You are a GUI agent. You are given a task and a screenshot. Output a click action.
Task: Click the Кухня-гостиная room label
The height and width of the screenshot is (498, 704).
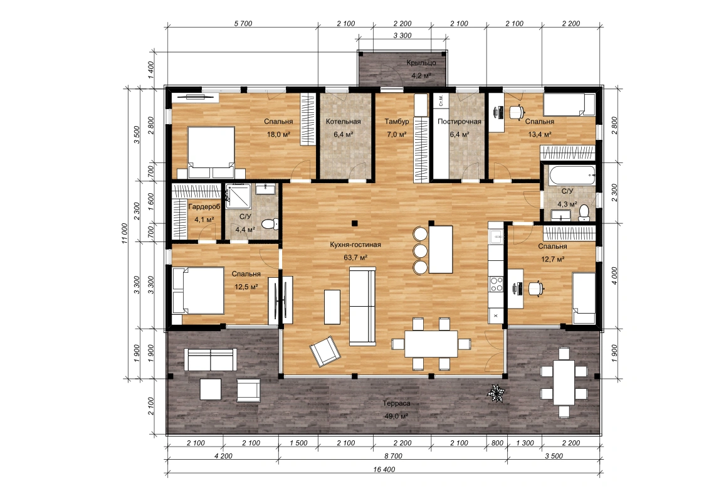[x=355, y=245]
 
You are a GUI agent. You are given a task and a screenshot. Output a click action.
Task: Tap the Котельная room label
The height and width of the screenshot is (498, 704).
[x=343, y=121]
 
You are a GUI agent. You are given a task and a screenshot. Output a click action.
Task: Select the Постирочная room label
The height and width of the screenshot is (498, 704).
[x=460, y=121]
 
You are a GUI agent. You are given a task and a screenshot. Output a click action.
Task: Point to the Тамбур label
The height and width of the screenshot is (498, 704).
[x=396, y=121]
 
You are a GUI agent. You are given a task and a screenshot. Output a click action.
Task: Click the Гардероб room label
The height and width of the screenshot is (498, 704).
[x=204, y=207]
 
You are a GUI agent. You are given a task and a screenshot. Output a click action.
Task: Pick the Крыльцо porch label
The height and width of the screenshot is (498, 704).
[x=421, y=63]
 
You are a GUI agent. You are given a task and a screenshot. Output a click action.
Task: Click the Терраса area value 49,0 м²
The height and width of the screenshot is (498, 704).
[x=396, y=416]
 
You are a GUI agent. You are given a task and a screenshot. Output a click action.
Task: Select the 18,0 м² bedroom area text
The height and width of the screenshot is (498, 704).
[x=278, y=134]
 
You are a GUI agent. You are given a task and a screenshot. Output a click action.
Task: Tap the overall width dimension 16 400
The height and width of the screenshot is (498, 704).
[x=384, y=470]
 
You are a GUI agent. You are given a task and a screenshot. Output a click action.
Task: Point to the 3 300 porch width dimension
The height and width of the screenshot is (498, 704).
[x=402, y=36]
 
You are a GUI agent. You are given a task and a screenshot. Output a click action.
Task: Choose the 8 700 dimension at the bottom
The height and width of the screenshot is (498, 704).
[x=393, y=456]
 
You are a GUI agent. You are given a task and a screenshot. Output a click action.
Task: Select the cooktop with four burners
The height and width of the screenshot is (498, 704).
[x=496, y=283]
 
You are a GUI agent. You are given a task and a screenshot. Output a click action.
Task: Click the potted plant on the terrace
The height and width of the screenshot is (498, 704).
[x=496, y=393]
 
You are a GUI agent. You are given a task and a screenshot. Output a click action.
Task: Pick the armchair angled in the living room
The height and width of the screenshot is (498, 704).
[x=323, y=352]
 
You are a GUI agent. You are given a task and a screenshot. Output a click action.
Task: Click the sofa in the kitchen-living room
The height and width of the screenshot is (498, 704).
[x=362, y=306]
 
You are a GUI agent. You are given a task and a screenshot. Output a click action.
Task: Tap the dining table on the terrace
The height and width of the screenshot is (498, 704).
[x=563, y=383]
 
